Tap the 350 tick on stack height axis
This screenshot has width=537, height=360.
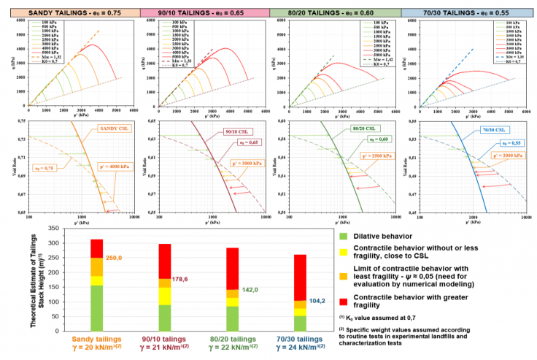point(51,229)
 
